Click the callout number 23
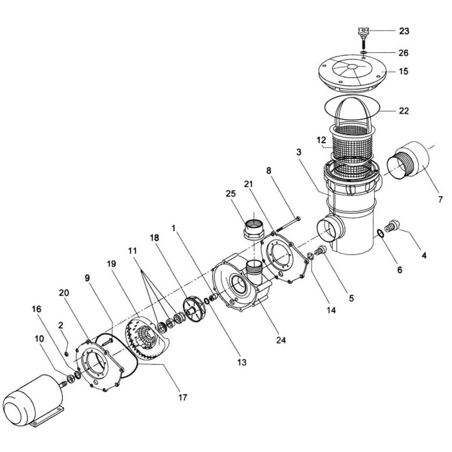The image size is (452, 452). (404, 31)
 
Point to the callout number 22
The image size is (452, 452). (404, 111)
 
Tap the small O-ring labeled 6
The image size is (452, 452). (381, 233)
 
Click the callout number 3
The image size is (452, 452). (298, 152)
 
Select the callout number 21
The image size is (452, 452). (249, 184)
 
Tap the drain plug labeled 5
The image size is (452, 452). (320, 250)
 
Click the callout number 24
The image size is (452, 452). (281, 340)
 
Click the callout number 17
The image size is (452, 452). (183, 398)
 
